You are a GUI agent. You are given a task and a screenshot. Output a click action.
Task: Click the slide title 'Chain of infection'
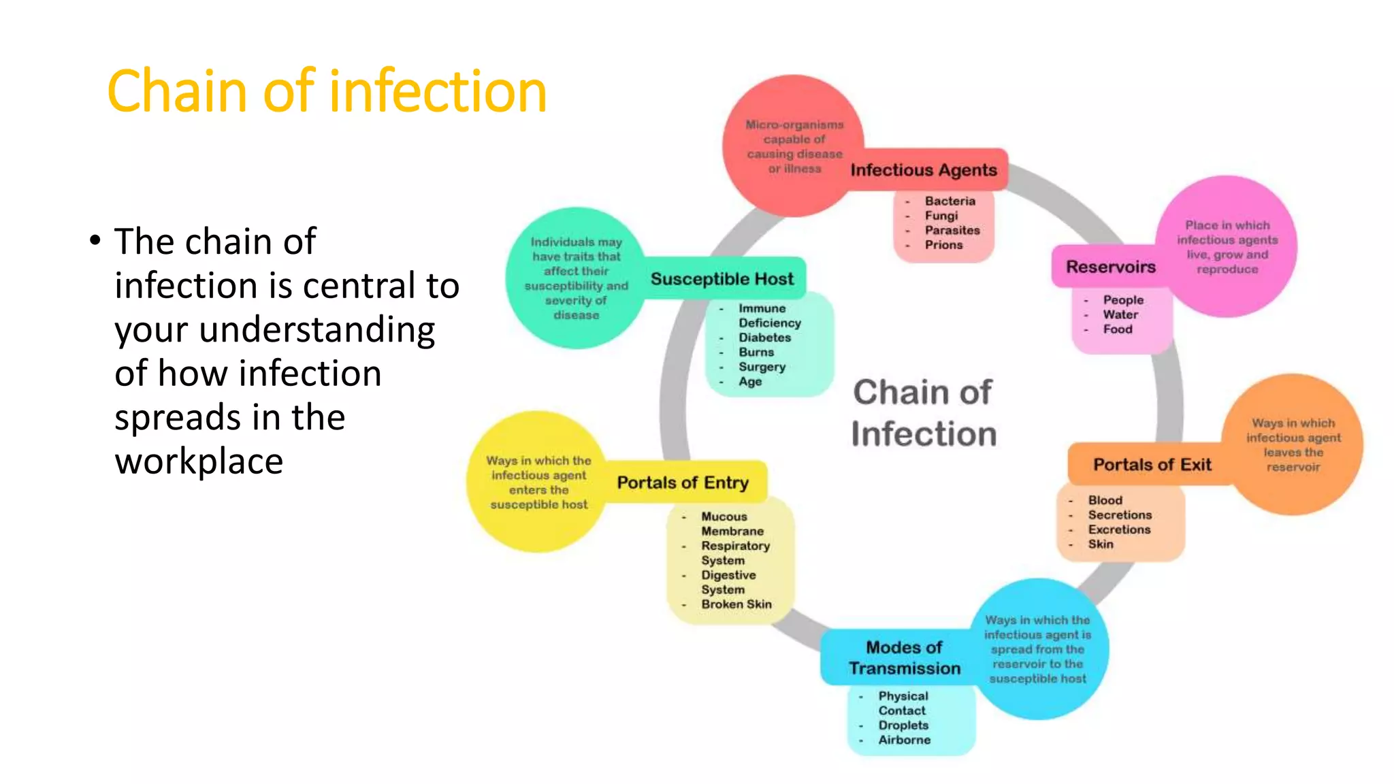(x=327, y=91)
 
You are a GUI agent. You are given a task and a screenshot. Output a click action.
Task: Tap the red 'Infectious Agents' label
(x=924, y=170)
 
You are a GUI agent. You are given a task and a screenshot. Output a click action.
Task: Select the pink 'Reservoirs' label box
(x=1110, y=267)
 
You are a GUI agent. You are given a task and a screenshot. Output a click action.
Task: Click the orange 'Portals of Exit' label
(x=1152, y=465)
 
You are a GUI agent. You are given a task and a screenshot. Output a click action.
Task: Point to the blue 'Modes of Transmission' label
(x=904, y=657)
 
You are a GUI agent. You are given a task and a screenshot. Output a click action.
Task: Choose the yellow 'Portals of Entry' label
(x=683, y=483)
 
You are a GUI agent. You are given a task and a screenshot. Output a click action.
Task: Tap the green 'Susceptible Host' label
(x=722, y=279)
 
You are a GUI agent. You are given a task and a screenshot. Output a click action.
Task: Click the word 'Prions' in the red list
(x=943, y=245)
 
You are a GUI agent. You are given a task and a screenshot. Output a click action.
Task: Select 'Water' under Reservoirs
(x=1120, y=314)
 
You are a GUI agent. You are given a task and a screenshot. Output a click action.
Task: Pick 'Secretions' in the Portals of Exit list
(x=1120, y=515)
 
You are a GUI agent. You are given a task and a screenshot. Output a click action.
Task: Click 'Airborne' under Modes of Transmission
(x=904, y=740)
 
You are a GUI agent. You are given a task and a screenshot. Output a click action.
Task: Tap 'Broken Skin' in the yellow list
(x=736, y=604)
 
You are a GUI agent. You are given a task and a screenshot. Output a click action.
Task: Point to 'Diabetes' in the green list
(x=765, y=338)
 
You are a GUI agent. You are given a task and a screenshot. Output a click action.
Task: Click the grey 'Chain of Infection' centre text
(x=923, y=413)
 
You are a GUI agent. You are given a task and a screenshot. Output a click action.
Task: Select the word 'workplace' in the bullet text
(x=199, y=461)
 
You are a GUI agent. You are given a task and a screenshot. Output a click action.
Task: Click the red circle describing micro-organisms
(x=794, y=146)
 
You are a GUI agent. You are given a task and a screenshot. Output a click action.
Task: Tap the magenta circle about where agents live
(x=1227, y=246)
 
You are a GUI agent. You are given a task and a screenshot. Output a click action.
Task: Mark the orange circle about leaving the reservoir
(x=1293, y=444)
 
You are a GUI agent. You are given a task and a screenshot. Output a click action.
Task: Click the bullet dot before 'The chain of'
(x=95, y=241)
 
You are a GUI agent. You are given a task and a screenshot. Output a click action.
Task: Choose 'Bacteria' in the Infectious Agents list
(x=950, y=201)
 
